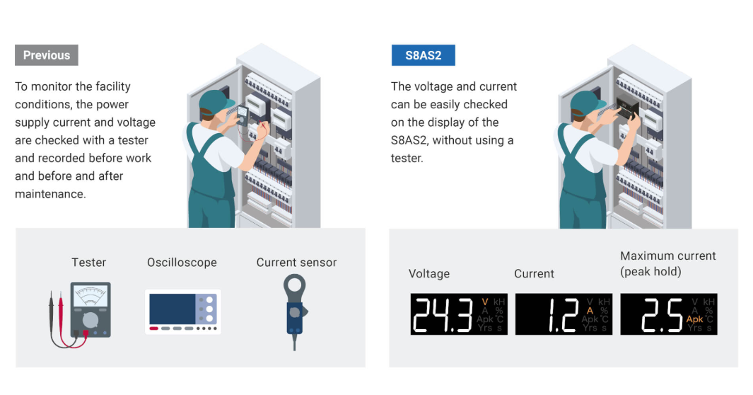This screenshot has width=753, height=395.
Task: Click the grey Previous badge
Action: point(47,55)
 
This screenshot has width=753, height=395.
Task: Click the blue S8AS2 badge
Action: point(423,55)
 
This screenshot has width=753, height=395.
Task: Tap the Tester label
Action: point(89,263)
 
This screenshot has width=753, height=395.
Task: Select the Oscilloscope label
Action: point(182,263)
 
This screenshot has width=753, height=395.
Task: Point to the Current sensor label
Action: point(296,263)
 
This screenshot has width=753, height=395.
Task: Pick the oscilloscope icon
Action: point(183,311)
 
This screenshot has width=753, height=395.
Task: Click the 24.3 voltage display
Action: point(459,314)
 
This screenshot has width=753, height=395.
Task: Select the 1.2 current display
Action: point(564,314)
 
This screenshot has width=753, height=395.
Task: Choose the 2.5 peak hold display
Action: point(668,314)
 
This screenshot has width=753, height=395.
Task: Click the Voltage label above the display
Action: point(429,273)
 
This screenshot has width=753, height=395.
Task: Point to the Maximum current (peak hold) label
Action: point(667,264)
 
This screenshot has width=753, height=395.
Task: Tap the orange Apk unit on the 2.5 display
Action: point(694,319)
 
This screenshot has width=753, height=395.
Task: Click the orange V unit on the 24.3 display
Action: point(485,302)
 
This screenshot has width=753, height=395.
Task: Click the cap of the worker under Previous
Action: point(215,102)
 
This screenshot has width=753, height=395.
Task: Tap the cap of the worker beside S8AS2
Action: point(587,102)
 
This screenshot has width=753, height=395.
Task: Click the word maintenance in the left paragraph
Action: point(49,194)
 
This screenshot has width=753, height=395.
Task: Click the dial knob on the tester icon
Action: point(91,319)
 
